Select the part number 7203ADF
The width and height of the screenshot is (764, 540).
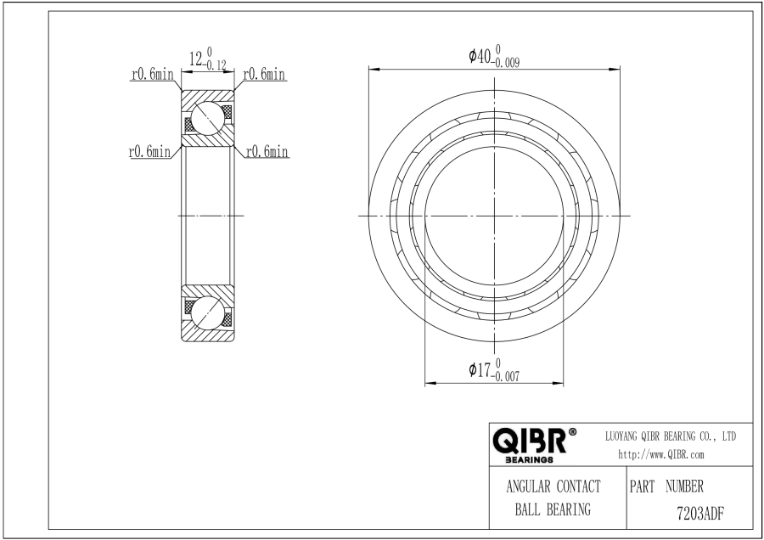[700, 513]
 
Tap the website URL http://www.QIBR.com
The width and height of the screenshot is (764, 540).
[660, 455]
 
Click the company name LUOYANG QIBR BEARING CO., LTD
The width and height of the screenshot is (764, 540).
[671, 436]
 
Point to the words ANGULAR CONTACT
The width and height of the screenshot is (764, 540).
[553, 487]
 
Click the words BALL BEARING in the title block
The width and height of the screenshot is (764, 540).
[553, 509]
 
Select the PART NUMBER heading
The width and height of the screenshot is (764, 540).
[666, 486]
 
